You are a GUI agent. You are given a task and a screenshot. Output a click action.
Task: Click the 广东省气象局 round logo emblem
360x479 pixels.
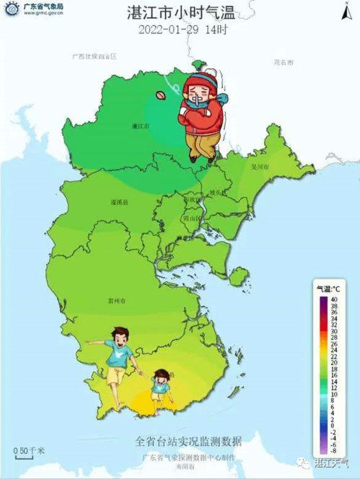[12, 9]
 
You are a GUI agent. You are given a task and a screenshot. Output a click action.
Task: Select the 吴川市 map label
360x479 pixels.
[259, 167]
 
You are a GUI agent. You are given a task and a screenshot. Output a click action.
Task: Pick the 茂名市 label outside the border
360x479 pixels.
[284, 63]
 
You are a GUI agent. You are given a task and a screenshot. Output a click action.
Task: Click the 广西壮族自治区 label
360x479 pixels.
[95, 56]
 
